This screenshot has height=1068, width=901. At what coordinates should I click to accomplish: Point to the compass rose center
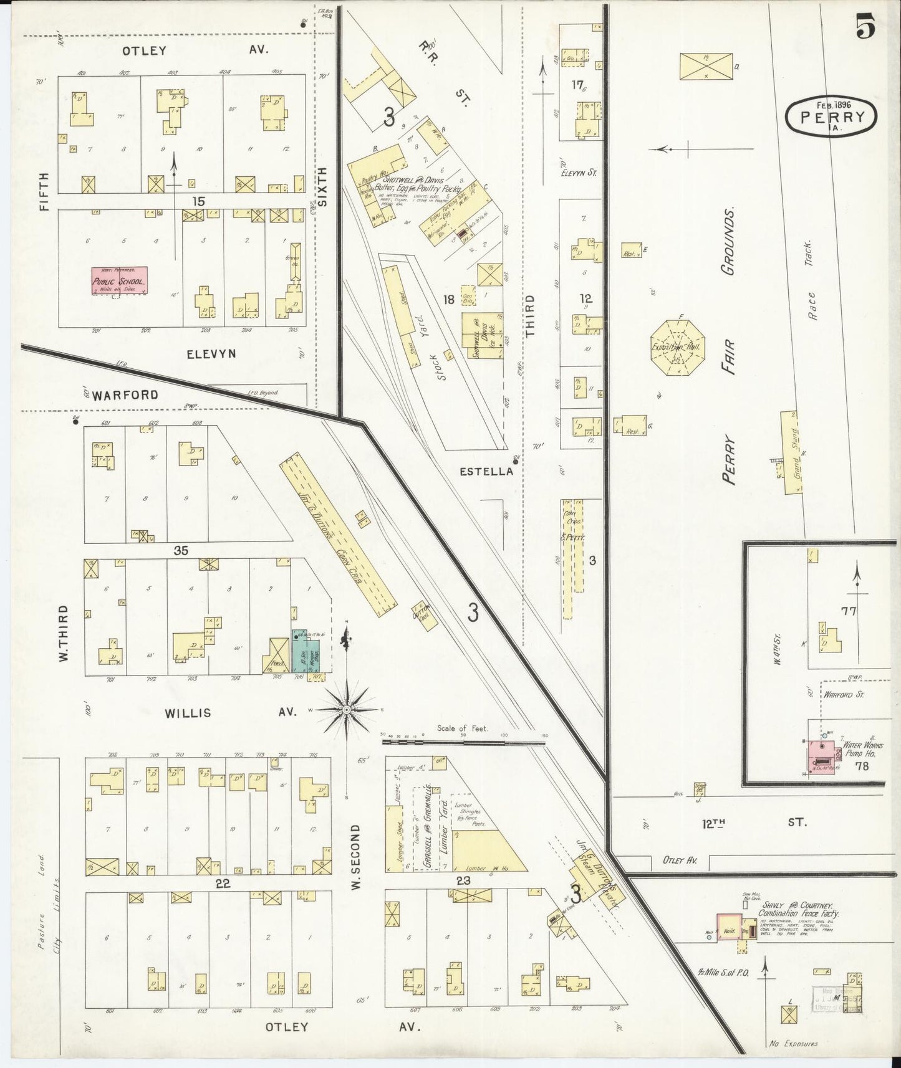point(346,710)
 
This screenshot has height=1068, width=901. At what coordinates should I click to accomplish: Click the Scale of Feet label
point(462,728)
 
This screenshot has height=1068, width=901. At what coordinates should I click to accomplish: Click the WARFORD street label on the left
point(127,395)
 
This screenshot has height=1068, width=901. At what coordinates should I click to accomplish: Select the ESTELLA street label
point(486,472)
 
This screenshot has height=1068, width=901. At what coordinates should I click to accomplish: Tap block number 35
point(181,551)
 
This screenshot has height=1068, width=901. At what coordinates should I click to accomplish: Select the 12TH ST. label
point(753,822)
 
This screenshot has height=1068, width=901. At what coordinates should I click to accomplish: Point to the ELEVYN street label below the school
point(211,354)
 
